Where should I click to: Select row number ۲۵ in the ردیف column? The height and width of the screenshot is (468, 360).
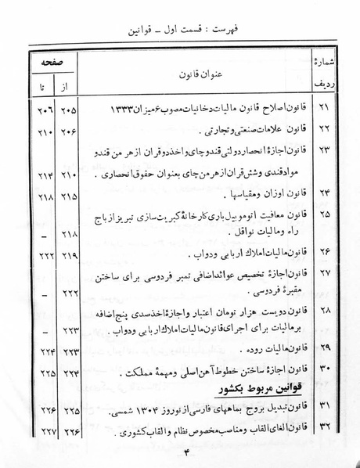(x=325, y=214)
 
